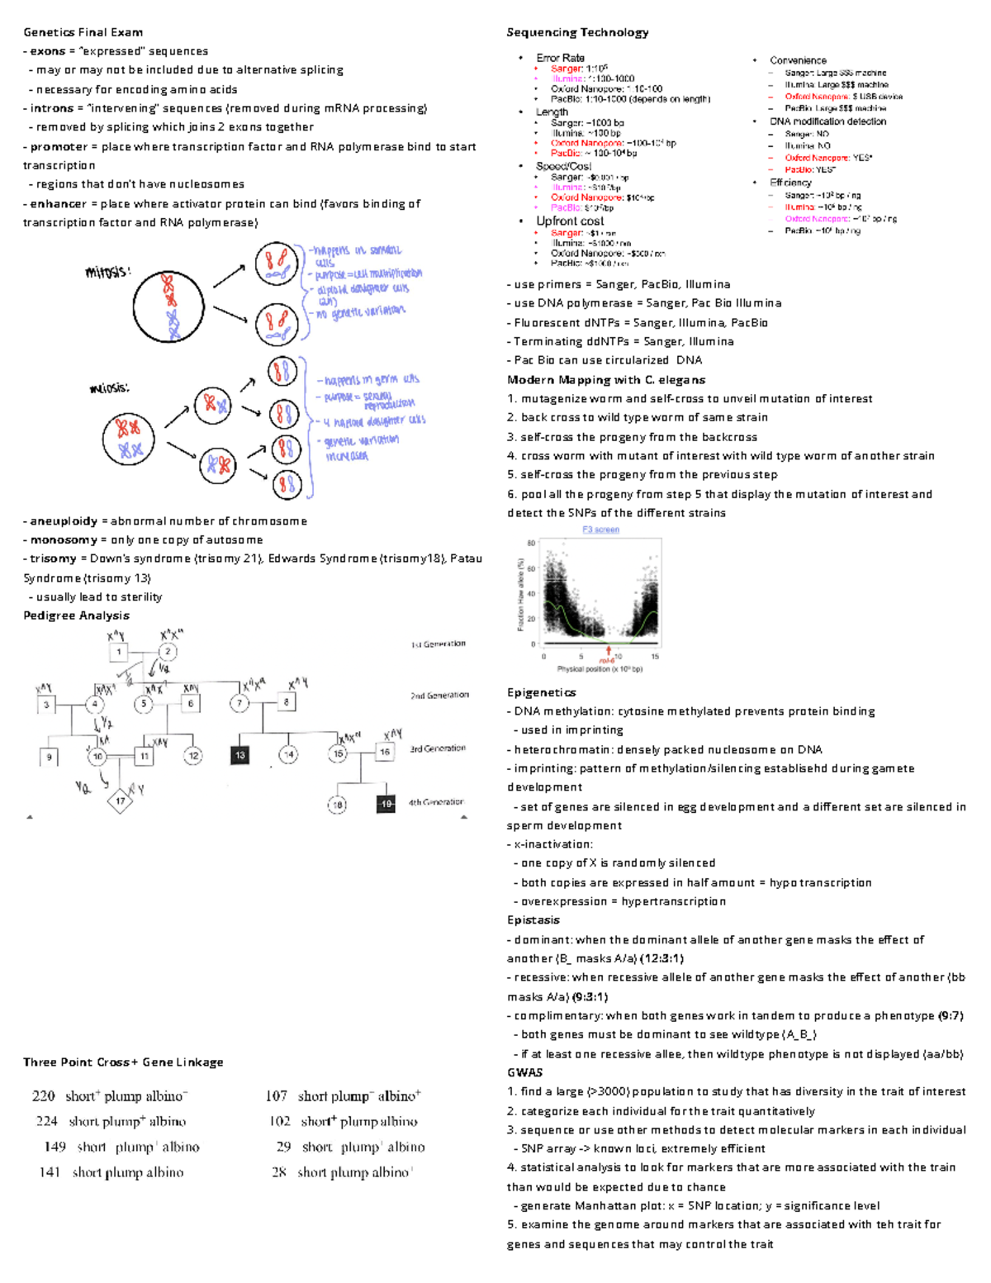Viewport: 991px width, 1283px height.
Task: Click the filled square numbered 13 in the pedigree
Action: point(239,755)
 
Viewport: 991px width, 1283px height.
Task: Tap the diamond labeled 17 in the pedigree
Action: point(121,801)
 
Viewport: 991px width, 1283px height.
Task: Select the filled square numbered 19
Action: point(386,804)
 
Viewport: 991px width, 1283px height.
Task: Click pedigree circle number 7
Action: point(239,703)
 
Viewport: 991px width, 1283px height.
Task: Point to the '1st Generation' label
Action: point(439,644)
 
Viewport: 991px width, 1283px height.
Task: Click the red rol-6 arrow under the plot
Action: point(609,653)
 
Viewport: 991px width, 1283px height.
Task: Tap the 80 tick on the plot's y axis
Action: point(532,544)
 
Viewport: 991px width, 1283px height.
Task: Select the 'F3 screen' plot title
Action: point(600,530)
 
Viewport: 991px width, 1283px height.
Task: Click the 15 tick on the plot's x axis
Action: point(655,657)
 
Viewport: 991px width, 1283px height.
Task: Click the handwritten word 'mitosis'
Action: point(107,271)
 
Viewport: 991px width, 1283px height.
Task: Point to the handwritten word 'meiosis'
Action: point(109,387)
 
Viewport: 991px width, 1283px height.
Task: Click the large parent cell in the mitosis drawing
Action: point(169,307)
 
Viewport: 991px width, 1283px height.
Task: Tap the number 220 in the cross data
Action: point(43,1096)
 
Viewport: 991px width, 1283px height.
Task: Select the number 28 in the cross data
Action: point(279,1171)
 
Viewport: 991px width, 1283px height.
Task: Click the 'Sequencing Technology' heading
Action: point(577,32)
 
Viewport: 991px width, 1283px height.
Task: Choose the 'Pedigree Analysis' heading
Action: point(76,615)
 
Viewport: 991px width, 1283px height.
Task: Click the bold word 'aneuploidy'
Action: point(64,521)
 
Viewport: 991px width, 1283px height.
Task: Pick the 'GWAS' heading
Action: point(524,1072)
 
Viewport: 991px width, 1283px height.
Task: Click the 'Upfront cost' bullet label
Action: point(570,221)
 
